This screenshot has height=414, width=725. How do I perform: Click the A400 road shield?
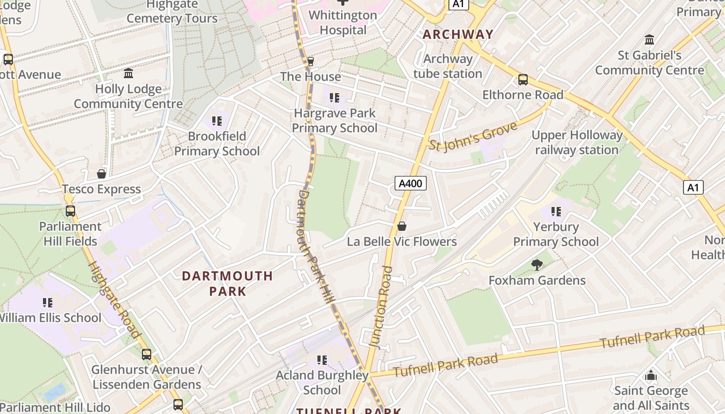[x=410, y=183]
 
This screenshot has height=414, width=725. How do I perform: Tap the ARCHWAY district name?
[x=458, y=35]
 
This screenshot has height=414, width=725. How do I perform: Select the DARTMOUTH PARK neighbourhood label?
[x=227, y=283]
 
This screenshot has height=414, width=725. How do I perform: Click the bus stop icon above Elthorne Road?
[x=523, y=80]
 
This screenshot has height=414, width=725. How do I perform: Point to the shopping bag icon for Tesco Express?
[x=102, y=174]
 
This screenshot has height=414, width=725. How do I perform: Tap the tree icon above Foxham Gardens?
[x=537, y=265]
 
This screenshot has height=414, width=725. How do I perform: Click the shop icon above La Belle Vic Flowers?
[x=401, y=227]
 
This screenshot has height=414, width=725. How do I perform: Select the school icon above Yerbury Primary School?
[x=556, y=211]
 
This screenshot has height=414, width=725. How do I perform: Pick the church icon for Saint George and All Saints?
[x=651, y=375]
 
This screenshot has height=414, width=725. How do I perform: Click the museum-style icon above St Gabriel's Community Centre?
[x=649, y=40]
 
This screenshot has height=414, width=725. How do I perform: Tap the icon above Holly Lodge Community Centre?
[x=128, y=73]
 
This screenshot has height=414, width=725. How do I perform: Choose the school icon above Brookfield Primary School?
[x=216, y=121]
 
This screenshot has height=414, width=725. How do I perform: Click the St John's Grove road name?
[x=473, y=136]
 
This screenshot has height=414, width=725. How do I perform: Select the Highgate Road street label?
[x=114, y=300]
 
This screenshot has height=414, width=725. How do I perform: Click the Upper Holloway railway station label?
[x=577, y=142]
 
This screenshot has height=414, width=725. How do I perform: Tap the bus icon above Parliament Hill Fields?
[x=70, y=211]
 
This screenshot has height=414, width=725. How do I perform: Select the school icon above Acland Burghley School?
[x=322, y=360]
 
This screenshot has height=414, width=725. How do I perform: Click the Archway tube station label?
[x=448, y=66]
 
